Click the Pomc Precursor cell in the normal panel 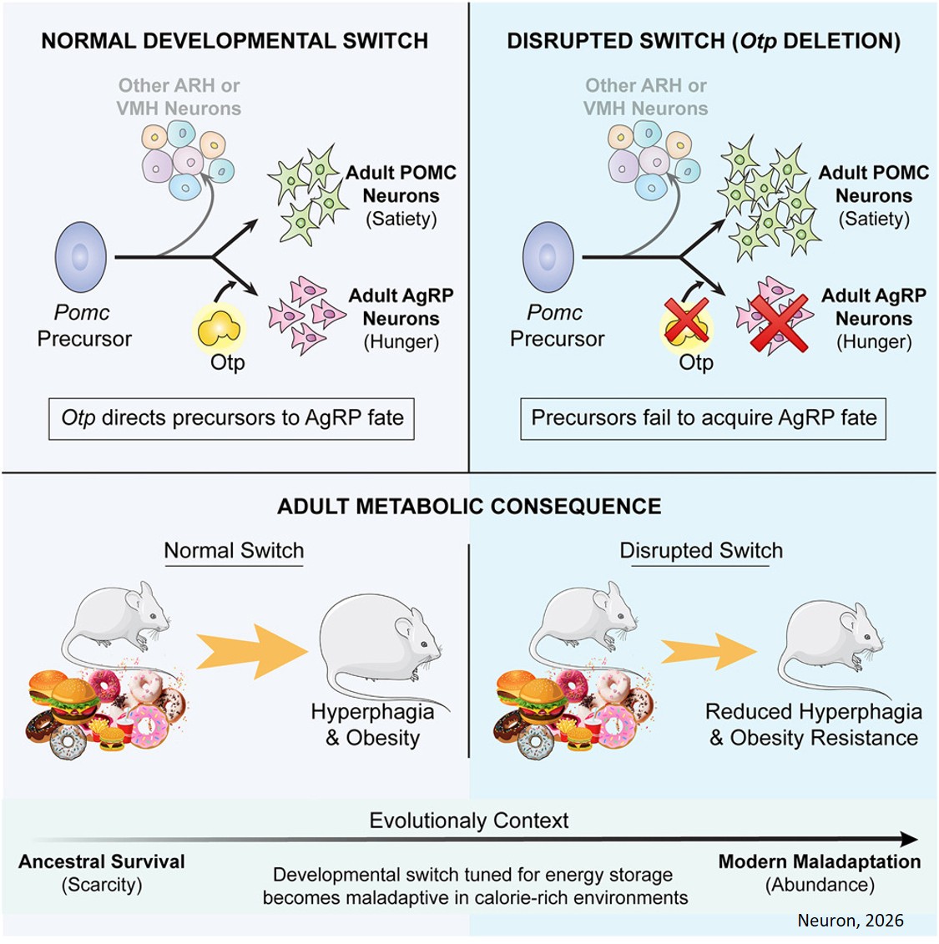tap(81, 257)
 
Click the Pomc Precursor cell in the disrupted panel tap(548, 257)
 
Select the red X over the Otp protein tap(685, 322)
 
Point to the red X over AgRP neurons tap(778, 321)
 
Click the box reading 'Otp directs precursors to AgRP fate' tap(231, 417)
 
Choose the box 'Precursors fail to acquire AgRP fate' tap(703, 417)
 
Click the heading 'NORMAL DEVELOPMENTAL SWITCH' tap(235, 41)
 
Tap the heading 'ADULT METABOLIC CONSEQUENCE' tap(469, 507)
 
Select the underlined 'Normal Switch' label tap(234, 551)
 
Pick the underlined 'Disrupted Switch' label tap(701, 551)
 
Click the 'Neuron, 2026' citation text tap(850, 920)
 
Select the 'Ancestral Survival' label tap(102, 861)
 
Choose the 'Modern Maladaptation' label tap(820, 861)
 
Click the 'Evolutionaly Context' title tap(469, 820)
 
